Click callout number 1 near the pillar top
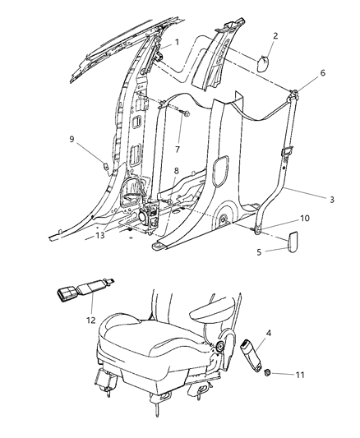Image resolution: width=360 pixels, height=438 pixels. tap(176, 41)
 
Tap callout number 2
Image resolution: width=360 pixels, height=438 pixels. tap(276, 35)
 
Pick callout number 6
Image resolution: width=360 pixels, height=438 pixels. tap(321, 73)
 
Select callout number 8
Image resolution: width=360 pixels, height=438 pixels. tap(175, 172)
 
